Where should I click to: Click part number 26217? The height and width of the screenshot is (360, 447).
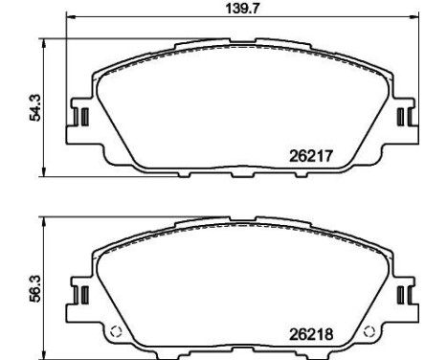(317, 153)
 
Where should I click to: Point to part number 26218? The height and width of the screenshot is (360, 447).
(317, 334)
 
